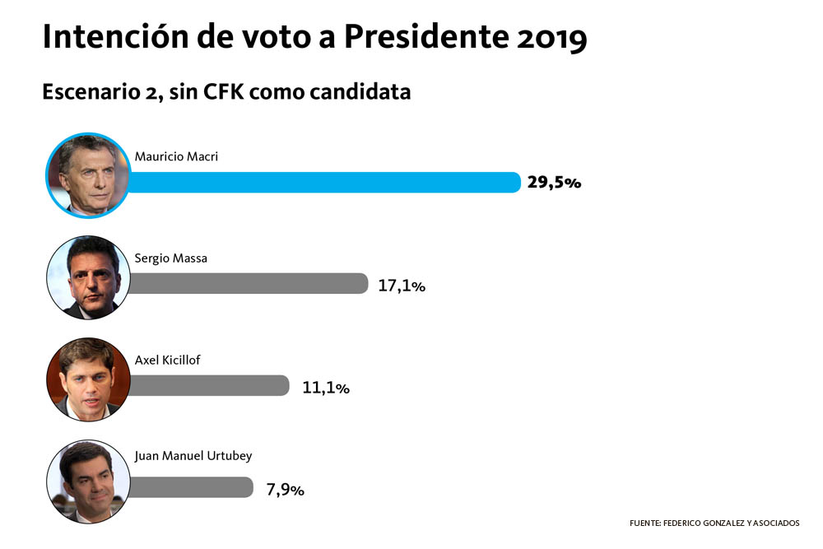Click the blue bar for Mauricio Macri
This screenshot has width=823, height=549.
(324, 183)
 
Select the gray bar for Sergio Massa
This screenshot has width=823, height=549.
(249, 283)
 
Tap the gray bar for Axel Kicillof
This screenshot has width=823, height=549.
(208, 385)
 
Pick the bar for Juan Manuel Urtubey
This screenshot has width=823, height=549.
(191, 487)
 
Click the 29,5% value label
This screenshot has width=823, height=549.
(554, 182)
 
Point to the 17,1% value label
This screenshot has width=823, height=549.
(402, 286)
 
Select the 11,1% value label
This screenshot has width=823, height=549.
(325, 388)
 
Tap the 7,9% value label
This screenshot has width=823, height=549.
(285, 489)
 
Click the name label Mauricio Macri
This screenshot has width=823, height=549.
(176, 156)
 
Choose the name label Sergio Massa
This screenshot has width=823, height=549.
(171, 258)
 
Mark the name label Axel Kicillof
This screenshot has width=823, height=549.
(167, 360)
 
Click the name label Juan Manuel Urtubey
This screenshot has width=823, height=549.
(193, 455)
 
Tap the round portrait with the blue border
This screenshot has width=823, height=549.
(88, 175)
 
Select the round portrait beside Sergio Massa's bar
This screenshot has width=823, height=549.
(88, 277)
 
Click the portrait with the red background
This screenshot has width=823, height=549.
(88, 379)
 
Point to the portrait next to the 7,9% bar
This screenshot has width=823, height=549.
(88, 481)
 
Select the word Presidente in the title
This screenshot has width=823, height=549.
(426, 37)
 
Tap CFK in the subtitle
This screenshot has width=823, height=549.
(224, 92)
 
